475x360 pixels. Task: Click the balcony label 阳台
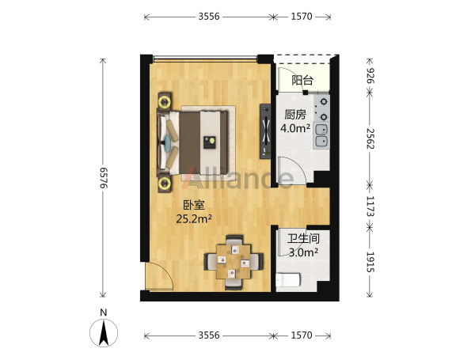pos(302,80)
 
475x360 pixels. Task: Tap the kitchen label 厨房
pos(295,115)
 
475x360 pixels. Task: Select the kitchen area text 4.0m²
pos(295,128)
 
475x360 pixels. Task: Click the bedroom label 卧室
pos(194,205)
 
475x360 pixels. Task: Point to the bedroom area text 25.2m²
pos(194,218)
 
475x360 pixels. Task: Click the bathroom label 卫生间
pos(303,238)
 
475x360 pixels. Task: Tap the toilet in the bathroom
pos(288,280)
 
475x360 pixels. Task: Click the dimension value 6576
pos(104,178)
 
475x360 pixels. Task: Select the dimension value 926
pos(370,76)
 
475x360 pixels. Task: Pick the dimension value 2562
pos(370,138)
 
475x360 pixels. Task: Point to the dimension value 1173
pos(370,207)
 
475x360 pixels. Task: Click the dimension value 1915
pos(370,262)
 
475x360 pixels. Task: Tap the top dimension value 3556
pos(209,17)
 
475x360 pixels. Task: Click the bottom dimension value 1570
pos(302,335)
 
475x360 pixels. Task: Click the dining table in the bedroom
pos(234,262)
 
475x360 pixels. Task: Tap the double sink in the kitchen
pos(321,135)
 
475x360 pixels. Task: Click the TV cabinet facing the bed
pos(265,131)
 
